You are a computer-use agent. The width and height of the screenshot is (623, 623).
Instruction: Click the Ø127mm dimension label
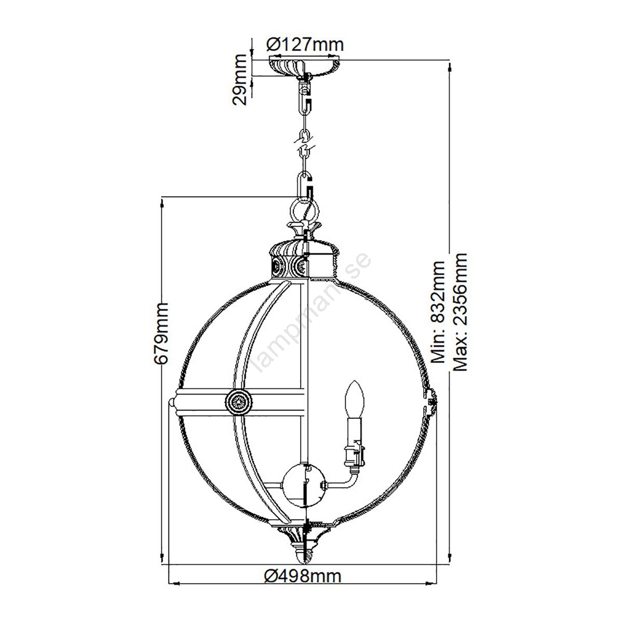(x=305, y=45)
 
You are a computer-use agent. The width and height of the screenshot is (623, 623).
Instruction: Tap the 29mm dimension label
(x=240, y=79)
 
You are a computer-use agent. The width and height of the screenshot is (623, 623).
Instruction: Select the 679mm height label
(x=161, y=333)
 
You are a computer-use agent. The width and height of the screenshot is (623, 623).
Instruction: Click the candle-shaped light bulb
(x=355, y=400)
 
